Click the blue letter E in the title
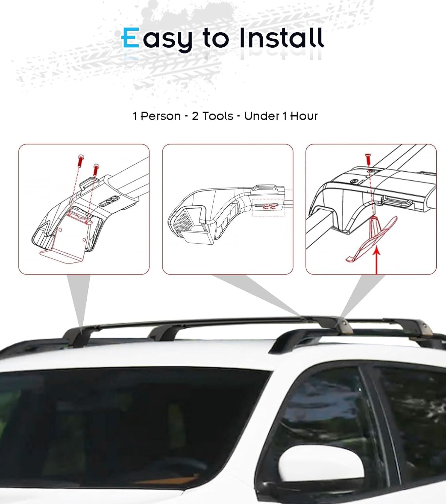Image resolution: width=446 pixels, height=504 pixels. (130, 38)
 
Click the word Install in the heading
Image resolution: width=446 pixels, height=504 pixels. (281, 38)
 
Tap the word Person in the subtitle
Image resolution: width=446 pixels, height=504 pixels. (161, 116)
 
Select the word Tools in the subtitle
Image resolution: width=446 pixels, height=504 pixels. (218, 116)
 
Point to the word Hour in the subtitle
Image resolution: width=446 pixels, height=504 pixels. (304, 116)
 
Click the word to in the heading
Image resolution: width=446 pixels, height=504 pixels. (216, 38)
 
